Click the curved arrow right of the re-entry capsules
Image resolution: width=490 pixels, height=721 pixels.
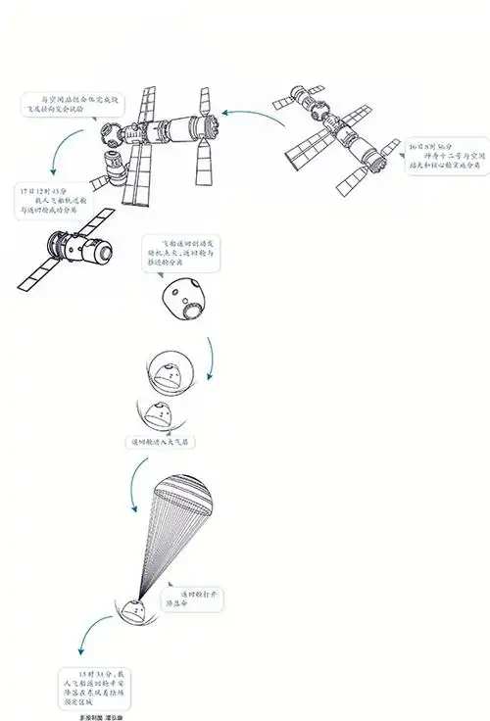tap(211, 360)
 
